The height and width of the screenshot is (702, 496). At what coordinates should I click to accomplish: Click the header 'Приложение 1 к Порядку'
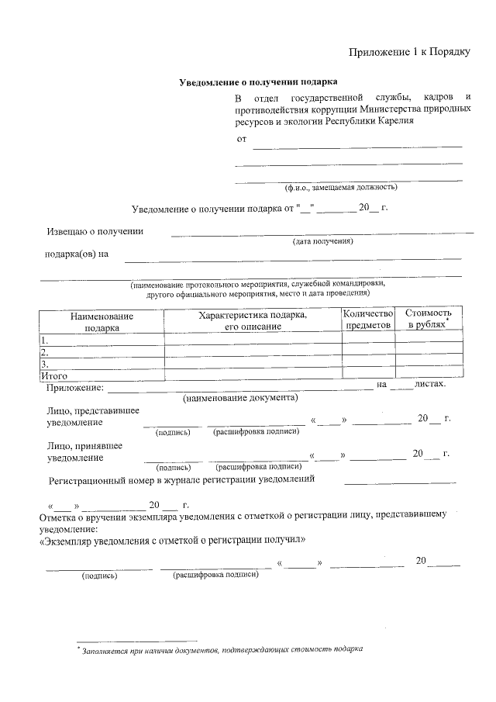[409, 52]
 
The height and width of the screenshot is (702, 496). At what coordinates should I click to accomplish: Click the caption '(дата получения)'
[322, 241]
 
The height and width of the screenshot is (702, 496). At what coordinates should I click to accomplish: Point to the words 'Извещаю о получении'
[95, 230]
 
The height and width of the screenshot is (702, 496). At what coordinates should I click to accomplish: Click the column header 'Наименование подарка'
[102, 322]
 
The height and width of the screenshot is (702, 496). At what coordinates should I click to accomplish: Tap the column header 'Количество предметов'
[369, 319]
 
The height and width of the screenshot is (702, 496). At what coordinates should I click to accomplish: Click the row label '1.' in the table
[45, 341]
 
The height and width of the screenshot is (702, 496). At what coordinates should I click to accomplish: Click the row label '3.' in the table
[45, 363]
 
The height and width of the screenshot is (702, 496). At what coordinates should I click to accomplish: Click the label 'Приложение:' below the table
[74, 386]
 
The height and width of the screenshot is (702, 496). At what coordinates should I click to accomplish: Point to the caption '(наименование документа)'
[240, 398]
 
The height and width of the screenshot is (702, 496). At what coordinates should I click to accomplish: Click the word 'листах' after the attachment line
[430, 384]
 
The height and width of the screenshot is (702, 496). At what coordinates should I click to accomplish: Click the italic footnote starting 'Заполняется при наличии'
[222, 649]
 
